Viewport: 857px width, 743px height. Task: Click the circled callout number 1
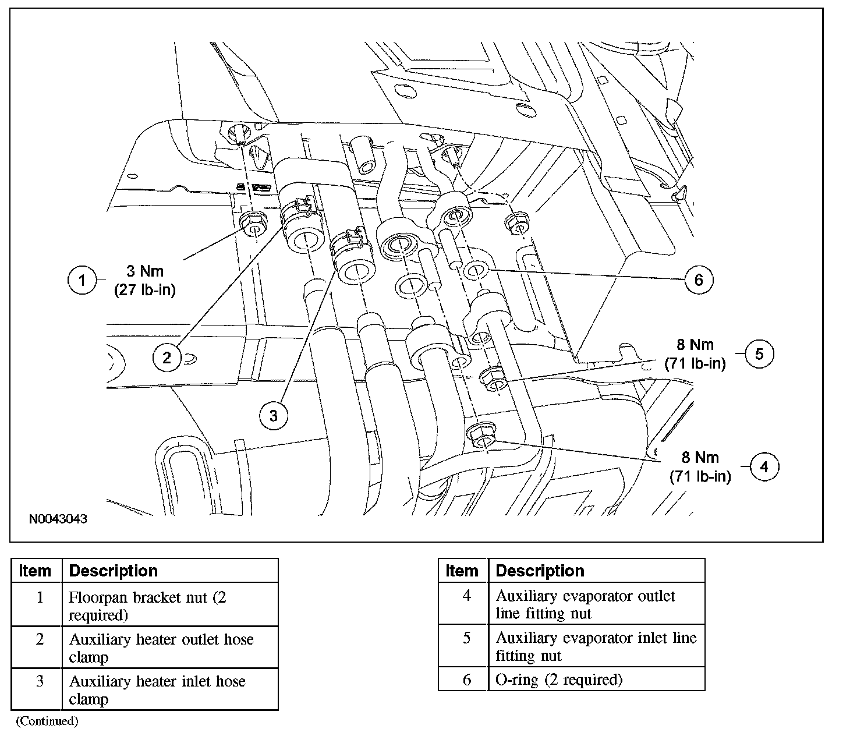coord(82,281)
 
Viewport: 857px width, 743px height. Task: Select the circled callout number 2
coord(167,357)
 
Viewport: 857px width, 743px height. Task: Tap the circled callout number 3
coord(274,415)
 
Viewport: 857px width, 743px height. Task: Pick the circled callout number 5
coord(759,353)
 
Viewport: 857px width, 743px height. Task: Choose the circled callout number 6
coord(699,280)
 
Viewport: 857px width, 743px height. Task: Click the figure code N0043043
coord(58,518)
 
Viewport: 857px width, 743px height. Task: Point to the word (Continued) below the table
coord(47,721)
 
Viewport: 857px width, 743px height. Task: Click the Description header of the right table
coord(540,571)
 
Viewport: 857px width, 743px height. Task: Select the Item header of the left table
coord(36,571)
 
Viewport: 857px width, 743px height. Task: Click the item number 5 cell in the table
coord(466,638)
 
